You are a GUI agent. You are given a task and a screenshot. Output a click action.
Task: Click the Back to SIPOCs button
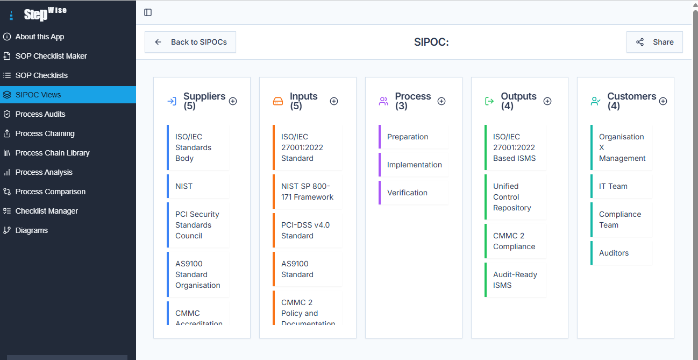point(190,42)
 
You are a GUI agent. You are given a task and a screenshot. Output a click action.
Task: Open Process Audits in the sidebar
point(40,114)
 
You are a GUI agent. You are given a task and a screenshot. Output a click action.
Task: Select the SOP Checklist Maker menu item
point(51,56)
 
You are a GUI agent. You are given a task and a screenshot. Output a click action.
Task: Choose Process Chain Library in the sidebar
point(52,153)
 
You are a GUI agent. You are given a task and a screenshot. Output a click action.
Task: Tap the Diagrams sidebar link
point(31,230)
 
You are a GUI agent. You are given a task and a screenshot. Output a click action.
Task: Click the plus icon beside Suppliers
point(233,101)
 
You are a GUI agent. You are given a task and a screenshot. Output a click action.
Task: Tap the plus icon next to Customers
point(663,101)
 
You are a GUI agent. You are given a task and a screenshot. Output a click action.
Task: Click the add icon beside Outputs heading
point(547,101)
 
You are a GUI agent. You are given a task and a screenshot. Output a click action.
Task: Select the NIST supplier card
point(198,186)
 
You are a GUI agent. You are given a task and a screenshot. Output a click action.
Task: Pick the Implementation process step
point(414,165)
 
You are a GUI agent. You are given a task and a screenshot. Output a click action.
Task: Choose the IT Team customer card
point(621,186)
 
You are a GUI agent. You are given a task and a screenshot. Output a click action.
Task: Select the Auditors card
point(621,253)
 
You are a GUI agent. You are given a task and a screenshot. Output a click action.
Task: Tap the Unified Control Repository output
point(515,197)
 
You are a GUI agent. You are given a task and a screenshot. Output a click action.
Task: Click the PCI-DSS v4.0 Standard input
point(307,230)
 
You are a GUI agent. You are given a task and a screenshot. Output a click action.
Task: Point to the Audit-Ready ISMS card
point(515,280)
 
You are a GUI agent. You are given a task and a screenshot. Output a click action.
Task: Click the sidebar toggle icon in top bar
point(148,12)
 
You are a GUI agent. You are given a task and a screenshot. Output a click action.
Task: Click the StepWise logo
point(45,13)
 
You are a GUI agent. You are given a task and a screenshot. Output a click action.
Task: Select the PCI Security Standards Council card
point(198,225)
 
